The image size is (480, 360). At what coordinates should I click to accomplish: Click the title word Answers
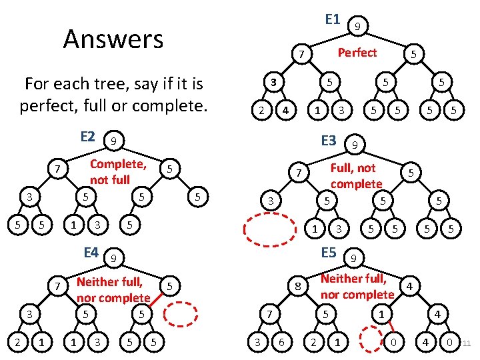[113, 39]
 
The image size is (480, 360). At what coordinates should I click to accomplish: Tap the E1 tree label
[333, 19]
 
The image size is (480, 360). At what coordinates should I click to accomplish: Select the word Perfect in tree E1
[357, 52]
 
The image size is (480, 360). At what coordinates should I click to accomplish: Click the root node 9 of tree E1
[358, 27]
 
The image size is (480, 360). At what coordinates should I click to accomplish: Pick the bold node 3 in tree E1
[273, 82]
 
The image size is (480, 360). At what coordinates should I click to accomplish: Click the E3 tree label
[329, 141]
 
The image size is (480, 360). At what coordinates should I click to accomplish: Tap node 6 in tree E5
[283, 343]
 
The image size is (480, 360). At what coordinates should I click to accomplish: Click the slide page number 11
[467, 344]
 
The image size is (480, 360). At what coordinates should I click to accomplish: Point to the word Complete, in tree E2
[118, 164]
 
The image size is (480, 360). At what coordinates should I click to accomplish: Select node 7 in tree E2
[59, 171]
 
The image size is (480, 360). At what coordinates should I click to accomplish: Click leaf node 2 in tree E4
[15, 343]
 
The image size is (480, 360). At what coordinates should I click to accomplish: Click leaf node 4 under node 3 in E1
[285, 109]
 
